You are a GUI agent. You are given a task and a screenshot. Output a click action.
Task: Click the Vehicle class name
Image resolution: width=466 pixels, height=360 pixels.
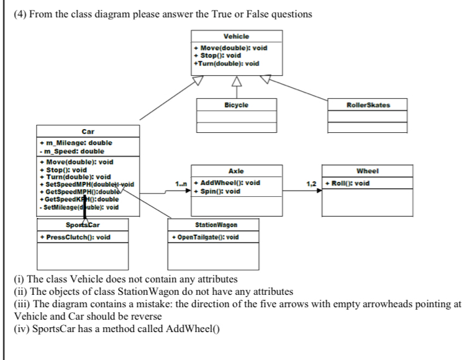pyautogui.click(x=236, y=37)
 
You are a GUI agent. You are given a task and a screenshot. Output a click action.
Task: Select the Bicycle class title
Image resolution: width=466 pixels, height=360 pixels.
pyautogui.click(x=236, y=105)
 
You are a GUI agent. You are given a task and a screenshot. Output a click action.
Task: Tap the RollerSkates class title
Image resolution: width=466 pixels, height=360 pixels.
pyautogui.click(x=368, y=105)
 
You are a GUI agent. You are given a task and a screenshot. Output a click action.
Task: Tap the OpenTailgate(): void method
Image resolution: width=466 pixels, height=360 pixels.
pyautogui.click(x=205, y=237)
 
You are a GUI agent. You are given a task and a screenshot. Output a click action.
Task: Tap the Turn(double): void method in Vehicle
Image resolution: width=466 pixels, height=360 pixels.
pyautogui.click(x=226, y=63)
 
